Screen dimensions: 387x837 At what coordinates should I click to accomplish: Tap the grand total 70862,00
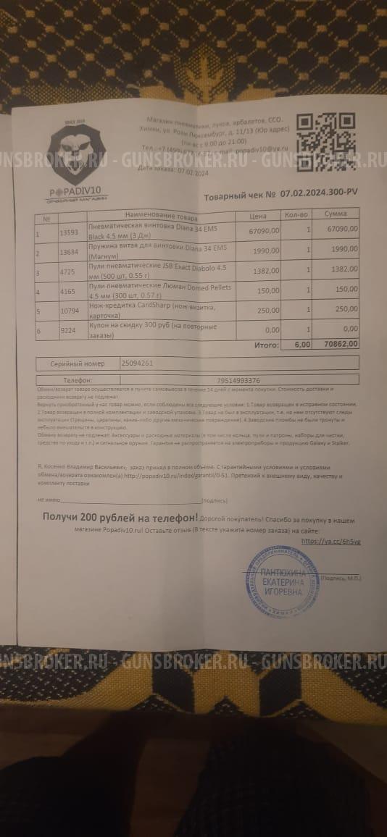point(340,345)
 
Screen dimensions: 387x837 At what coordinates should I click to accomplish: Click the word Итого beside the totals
point(266,346)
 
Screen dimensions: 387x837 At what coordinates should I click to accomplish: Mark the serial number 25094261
point(137,363)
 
